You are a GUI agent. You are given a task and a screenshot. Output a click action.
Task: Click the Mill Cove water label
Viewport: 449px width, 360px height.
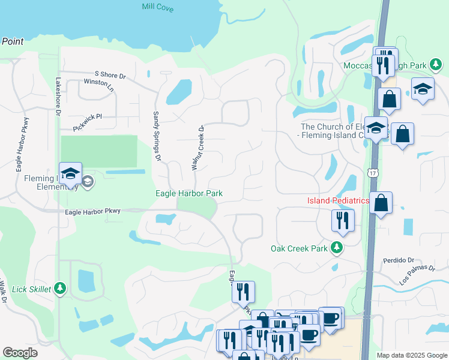point(158,7)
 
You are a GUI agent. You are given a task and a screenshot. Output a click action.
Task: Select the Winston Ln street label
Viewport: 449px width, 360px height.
point(99,83)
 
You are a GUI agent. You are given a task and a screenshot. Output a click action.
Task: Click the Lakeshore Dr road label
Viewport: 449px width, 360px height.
point(58,96)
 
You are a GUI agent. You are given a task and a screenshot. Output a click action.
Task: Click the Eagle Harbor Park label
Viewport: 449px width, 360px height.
point(189,193)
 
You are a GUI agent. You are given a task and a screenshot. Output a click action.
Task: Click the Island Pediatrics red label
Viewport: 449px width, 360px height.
point(337,200)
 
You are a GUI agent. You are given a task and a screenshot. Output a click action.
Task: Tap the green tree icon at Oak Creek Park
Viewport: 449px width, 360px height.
point(337,248)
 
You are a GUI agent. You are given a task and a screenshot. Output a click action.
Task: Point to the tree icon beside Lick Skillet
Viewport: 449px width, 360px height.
point(59,289)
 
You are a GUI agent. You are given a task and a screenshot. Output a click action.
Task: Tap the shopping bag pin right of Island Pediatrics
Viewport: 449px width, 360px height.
point(381,204)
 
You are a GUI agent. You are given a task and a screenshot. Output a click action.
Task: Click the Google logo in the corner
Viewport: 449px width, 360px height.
point(20,352)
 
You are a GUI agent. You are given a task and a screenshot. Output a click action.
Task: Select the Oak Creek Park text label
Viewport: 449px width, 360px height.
point(299,248)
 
